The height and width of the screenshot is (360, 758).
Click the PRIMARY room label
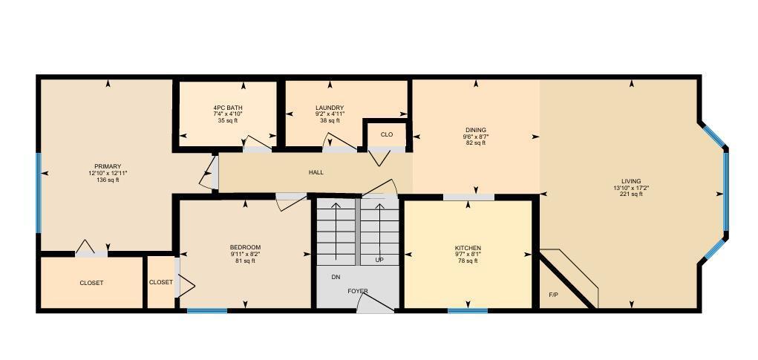pyautogui.click(x=108, y=166)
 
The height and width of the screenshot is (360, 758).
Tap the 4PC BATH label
pyautogui.click(x=228, y=108)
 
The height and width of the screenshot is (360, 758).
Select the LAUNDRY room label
pyautogui.click(x=330, y=108)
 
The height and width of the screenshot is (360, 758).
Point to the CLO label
pyautogui.click(x=386, y=134)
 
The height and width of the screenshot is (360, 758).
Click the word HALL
pyautogui.click(x=316, y=172)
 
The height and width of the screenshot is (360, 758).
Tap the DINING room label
pyautogui.click(x=476, y=130)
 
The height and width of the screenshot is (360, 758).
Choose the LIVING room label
pyautogui.click(x=631, y=181)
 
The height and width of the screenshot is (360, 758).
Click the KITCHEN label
pyautogui.click(x=468, y=248)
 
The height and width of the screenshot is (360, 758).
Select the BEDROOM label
pyautogui.click(x=245, y=247)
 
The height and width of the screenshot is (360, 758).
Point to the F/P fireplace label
pyautogui.click(x=553, y=295)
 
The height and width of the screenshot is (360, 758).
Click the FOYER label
pyautogui.click(x=358, y=291)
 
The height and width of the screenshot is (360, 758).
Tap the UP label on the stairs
pyautogui.click(x=379, y=261)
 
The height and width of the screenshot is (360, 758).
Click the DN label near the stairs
pyautogui.click(x=336, y=277)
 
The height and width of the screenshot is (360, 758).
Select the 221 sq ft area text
pyautogui.click(x=631, y=194)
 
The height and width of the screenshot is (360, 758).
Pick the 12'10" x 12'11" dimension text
pyautogui.click(x=108, y=173)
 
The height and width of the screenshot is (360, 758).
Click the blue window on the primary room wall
pyautogui.click(x=39, y=192)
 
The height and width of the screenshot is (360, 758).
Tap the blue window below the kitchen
pyautogui.click(x=468, y=310)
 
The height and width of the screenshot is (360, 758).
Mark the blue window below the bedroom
pyautogui.click(x=207, y=310)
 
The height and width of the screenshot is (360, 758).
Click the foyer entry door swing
pyautogui.click(x=375, y=302)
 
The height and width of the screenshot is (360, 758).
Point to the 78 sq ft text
pyautogui.click(x=468, y=261)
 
